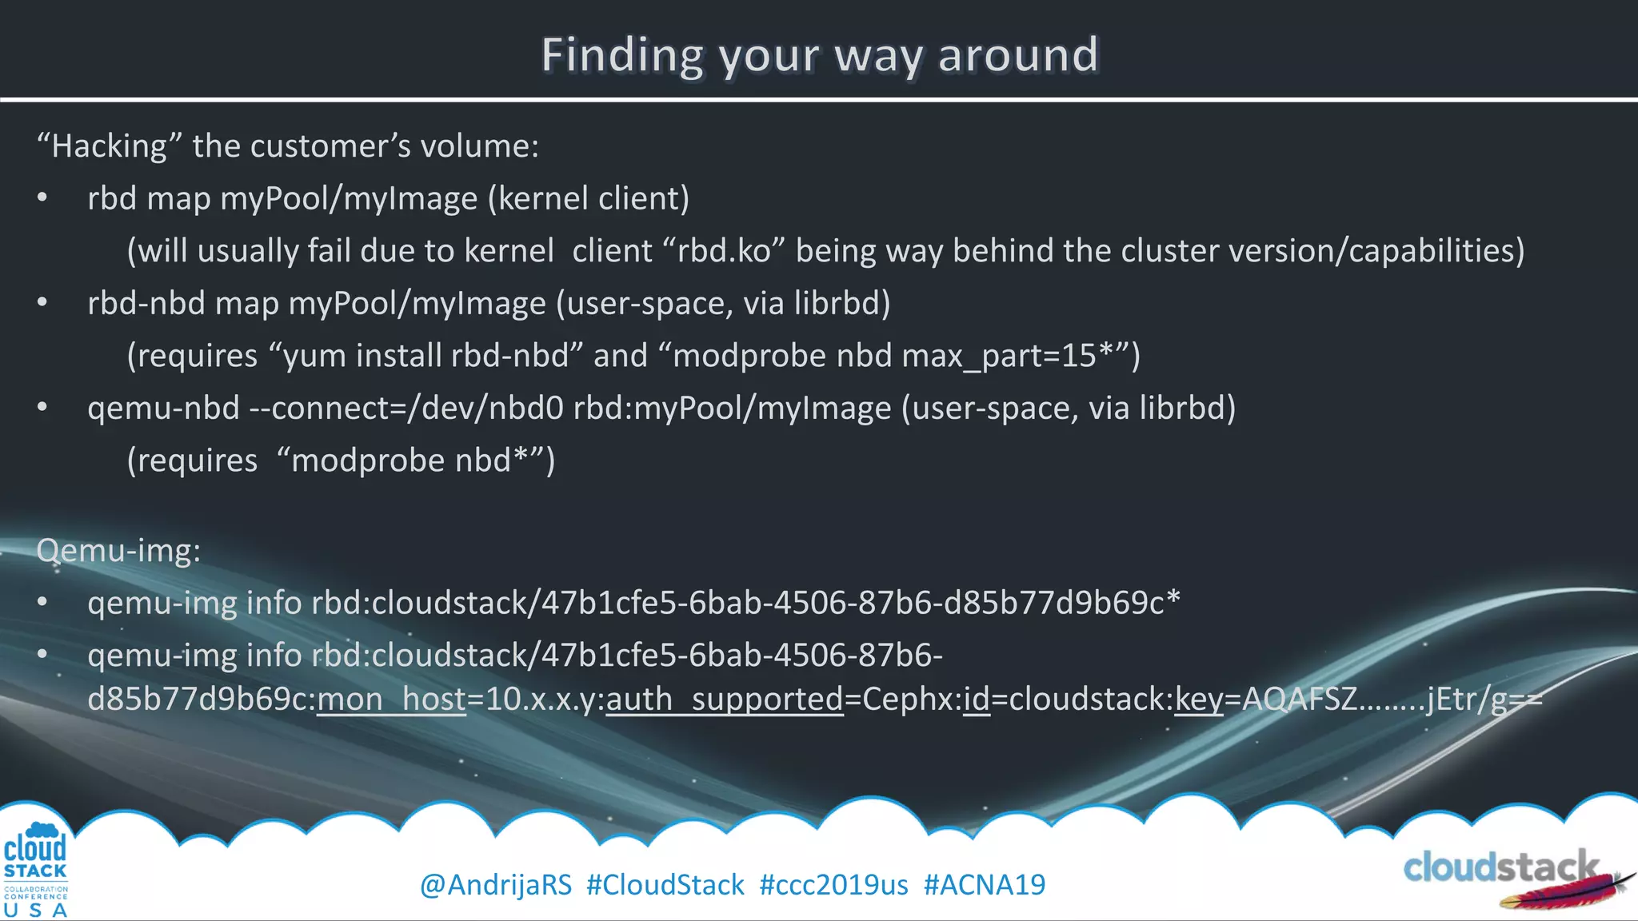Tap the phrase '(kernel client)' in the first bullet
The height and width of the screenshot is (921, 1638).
589,198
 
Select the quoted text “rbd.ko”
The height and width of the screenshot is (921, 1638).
724,251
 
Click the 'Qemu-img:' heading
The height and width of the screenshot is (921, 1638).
118,550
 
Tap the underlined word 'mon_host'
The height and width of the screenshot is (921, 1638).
391,700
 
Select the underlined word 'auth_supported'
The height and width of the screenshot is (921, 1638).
725,700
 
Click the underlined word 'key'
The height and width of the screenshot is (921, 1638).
1198,700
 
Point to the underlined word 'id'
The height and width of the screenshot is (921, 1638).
976,700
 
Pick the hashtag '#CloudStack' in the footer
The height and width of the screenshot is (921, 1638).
665,885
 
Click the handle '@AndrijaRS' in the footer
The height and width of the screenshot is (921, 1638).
496,885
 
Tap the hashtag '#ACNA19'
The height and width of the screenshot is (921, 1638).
985,885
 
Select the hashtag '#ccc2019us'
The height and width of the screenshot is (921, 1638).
833,885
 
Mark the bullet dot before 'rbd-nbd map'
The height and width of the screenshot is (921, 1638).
42,303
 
